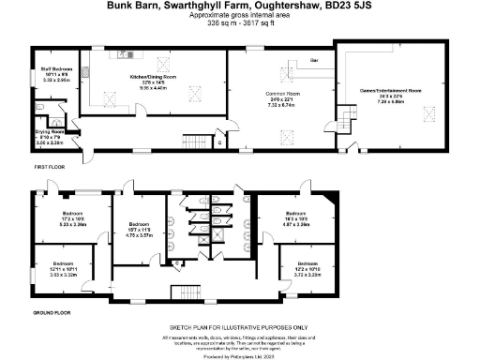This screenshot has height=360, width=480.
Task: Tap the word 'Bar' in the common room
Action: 314,61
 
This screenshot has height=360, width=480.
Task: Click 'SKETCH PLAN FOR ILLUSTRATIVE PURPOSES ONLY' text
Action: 242,325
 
